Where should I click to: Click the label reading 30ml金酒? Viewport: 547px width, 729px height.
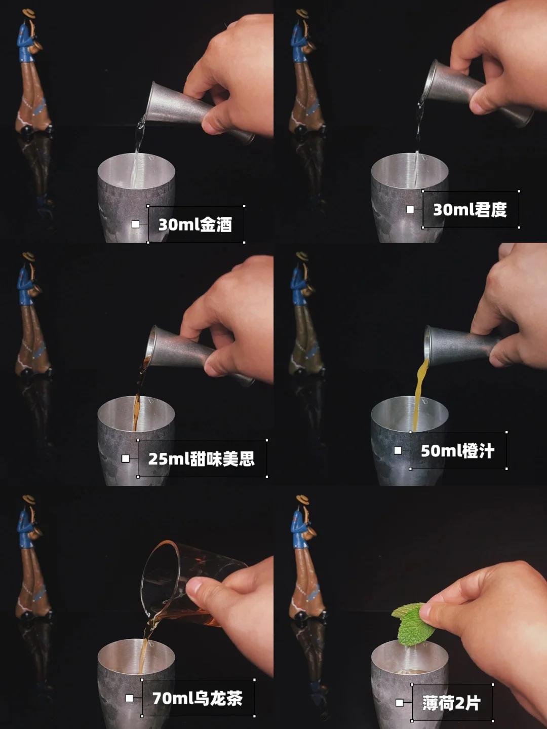(195, 224)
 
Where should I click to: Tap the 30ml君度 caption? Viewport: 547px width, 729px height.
(470, 210)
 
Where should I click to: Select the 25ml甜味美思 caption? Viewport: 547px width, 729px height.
(202, 458)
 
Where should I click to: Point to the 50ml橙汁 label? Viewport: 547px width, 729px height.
(458, 451)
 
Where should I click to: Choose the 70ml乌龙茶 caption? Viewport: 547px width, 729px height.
(198, 698)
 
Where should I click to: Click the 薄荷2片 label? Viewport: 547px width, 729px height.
(451, 703)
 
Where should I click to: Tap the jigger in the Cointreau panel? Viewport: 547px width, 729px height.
(478, 93)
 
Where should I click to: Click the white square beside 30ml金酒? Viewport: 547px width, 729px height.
(135, 224)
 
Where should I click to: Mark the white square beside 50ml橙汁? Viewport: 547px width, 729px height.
(398, 451)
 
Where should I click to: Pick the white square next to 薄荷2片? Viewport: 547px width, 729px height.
(400, 703)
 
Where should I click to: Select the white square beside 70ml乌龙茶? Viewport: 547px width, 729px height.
(130, 698)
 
